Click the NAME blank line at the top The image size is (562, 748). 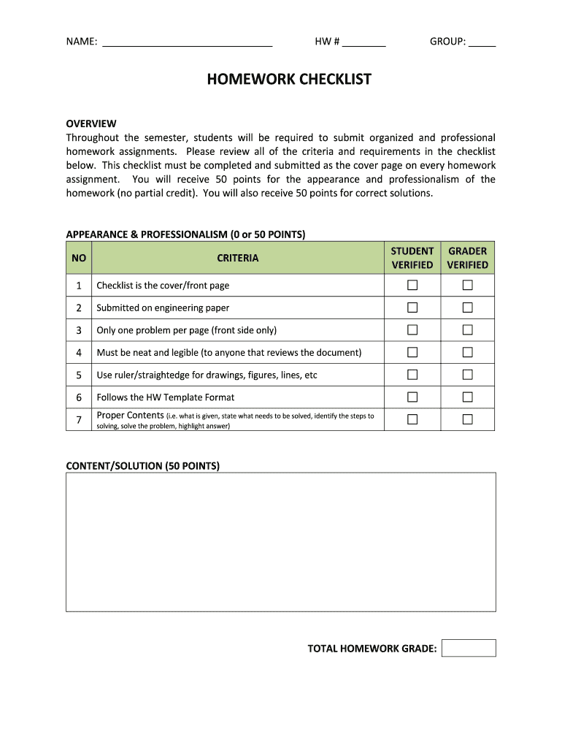click(x=188, y=42)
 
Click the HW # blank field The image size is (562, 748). click(x=363, y=42)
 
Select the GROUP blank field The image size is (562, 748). click(x=482, y=42)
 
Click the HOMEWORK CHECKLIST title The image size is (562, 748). click(x=289, y=79)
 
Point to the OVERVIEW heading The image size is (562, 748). click(x=91, y=123)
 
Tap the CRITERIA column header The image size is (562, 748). click(x=237, y=258)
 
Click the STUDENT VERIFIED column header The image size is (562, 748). click(x=412, y=258)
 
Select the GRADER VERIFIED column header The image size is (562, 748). click(x=467, y=258)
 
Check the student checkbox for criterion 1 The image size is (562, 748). click(x=412, y=285)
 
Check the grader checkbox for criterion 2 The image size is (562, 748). click(x=468, y=308)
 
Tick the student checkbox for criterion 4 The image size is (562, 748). click(x=412, y=352)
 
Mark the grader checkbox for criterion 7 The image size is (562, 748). click(x=468, y=419)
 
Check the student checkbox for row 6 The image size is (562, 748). click(x=412, y=397)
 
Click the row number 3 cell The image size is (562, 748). click(x=79, y=330)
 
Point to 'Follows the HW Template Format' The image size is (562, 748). click(x=166, y=397)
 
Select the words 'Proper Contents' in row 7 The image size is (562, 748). click(x=130, y=415)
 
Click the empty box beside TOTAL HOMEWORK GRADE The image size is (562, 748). click(x=469, y=648)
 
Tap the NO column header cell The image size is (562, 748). click(x=79, y=258)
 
